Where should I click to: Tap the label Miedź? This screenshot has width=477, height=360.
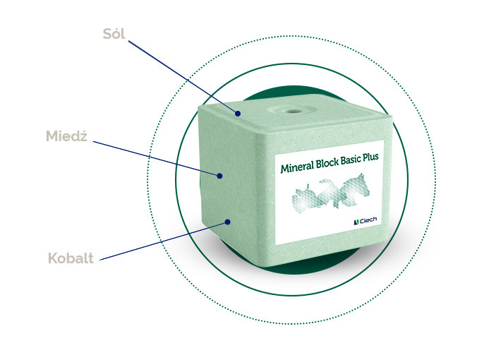point(66,136)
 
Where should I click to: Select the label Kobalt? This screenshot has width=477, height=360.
point(71,258)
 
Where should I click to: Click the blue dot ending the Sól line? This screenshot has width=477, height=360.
point(238,113)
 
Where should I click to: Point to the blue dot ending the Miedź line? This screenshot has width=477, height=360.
point(220,176)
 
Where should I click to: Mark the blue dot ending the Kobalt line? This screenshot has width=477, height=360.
point(229,222)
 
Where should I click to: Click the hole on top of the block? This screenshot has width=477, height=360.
point(289,112)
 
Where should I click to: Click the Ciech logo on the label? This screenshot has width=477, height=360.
point(365,220)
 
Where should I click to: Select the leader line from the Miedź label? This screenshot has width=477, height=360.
point(155,158)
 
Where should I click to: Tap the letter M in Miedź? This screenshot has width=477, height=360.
point(52,136)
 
